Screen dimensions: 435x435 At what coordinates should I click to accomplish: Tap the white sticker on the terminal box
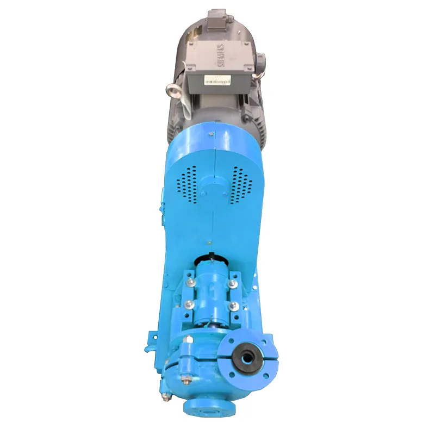(x=217, y=80)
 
